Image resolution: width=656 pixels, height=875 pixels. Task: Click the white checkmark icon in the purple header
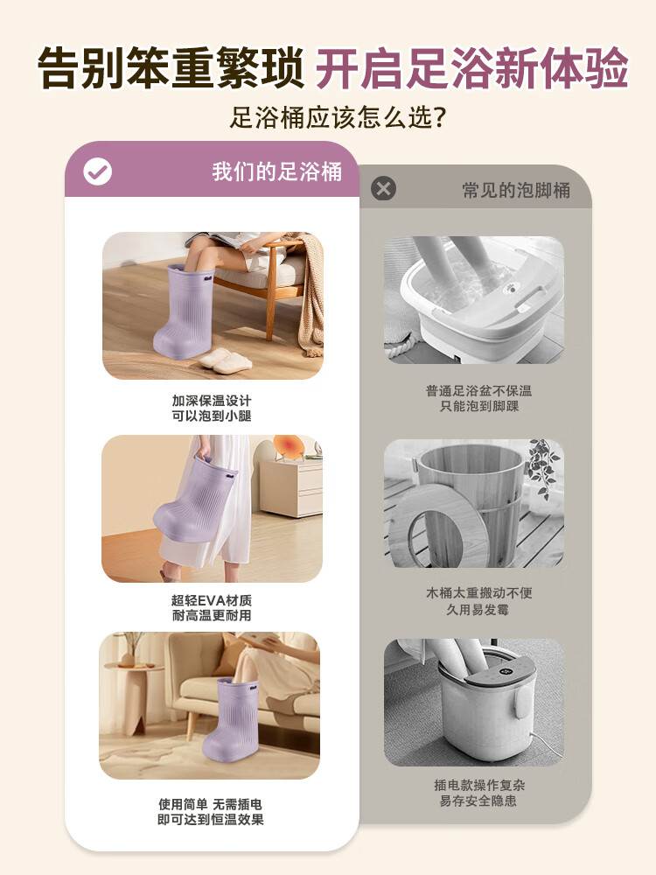98,171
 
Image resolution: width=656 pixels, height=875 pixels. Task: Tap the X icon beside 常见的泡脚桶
384,189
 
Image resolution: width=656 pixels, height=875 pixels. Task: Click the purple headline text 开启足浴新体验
472,68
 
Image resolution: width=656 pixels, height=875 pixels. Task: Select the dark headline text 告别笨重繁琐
171,68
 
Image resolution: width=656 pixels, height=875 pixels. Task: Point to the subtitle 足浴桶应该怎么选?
338,118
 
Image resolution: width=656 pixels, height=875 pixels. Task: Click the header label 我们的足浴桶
276,171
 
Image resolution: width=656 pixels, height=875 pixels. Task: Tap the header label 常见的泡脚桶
516,190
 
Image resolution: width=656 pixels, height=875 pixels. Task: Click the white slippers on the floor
226,360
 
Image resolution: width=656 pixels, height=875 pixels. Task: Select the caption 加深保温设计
212,401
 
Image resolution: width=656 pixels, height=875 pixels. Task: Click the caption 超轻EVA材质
212,600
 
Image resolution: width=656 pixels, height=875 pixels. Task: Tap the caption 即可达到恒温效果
211,819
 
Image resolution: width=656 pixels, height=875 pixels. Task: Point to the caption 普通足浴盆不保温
478,390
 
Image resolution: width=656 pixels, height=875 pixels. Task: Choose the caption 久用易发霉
478,609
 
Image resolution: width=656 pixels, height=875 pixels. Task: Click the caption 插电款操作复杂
479,785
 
